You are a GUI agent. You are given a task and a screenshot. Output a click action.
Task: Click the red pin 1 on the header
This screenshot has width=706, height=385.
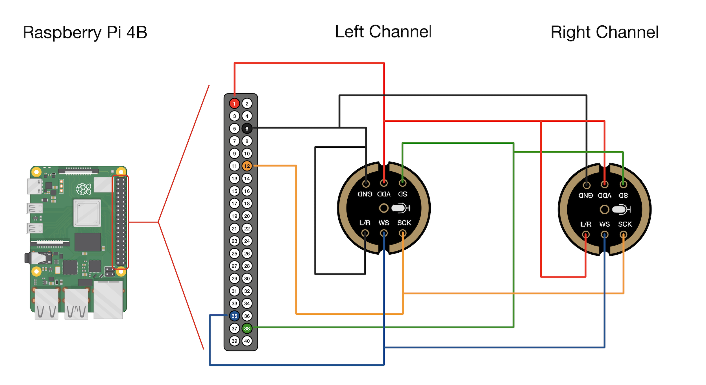tap(234, 104)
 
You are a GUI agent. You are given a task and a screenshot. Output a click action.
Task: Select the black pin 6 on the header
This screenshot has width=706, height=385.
tap(247, 128)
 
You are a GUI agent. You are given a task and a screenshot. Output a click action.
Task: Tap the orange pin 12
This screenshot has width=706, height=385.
tap(247, 166)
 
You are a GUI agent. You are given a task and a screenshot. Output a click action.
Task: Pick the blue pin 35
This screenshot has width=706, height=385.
tap(234, 316)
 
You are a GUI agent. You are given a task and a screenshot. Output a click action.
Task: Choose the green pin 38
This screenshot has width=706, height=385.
tap(247, 328)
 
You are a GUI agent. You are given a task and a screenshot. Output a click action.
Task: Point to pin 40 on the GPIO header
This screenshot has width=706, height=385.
tap(247, 341)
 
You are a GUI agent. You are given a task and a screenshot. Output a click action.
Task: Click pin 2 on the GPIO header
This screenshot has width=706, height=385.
tap(247, 104)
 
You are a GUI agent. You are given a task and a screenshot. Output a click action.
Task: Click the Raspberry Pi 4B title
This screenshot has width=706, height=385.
tap(85, 32)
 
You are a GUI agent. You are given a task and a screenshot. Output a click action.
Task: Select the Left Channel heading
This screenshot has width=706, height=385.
tap(383, 32)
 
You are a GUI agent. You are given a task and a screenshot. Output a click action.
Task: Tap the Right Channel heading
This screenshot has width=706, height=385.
tap(604, 32)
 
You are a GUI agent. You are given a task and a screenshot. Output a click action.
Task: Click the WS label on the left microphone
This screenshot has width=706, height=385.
tap(383, 223)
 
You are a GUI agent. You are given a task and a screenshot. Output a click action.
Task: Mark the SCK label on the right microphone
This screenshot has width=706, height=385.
tap(625, 224)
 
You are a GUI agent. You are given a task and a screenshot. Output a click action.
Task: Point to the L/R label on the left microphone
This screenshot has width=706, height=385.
tap(365, 223)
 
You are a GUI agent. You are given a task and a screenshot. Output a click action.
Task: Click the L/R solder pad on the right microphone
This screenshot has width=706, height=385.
tap(586, 235)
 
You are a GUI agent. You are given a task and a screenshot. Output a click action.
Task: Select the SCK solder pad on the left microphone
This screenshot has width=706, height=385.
tap(402, 233)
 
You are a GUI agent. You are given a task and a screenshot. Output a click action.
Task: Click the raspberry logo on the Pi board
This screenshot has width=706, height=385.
tap(83, 189)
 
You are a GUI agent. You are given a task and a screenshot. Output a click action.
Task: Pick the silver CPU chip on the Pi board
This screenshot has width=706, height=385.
tap(87, 213)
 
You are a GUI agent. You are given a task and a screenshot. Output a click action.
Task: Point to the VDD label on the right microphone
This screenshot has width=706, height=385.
tap(604, 195)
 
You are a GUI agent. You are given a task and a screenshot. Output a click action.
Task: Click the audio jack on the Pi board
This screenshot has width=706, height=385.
tap(40, 258)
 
